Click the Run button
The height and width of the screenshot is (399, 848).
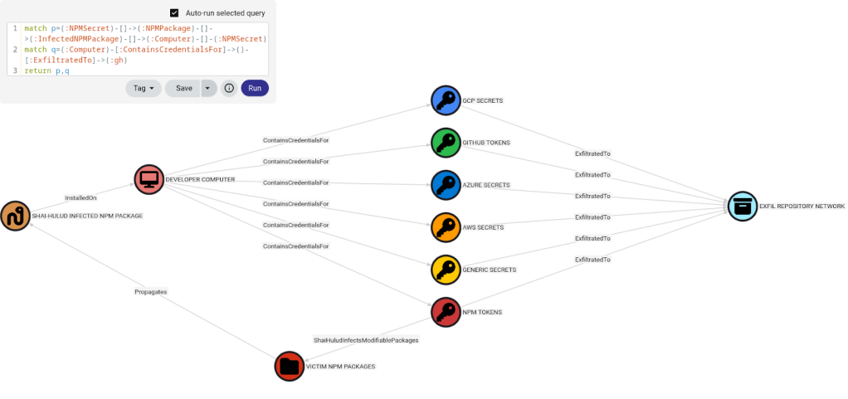[255, 88]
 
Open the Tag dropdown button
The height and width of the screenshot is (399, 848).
[143, 88]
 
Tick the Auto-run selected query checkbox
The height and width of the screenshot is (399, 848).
[174, 13]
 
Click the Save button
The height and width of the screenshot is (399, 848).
[183, 88]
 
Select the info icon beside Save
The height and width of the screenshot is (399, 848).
[229, 88]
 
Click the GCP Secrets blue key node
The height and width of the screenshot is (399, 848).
[446, 100]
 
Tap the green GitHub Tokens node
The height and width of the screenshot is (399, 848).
[446, 142]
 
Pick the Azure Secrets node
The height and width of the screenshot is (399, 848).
[446, 184]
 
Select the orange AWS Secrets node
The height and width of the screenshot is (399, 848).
[446, 226]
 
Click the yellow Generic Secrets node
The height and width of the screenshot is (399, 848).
[446, 269]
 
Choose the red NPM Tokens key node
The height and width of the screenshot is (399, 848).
[446, 312]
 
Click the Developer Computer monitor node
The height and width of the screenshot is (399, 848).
[149, 178]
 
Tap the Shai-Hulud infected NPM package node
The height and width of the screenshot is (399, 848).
[15, 216]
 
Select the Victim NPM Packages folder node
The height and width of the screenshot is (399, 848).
[290, 365]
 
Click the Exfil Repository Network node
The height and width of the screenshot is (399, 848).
[743, 206]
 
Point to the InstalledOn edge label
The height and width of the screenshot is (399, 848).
[81, 197]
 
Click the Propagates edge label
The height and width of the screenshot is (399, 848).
[151, 292]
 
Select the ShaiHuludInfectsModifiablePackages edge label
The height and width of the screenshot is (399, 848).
[366, 339]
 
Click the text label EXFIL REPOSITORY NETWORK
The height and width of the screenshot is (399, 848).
[802, 206]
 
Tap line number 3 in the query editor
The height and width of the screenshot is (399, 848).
[15, 71]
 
